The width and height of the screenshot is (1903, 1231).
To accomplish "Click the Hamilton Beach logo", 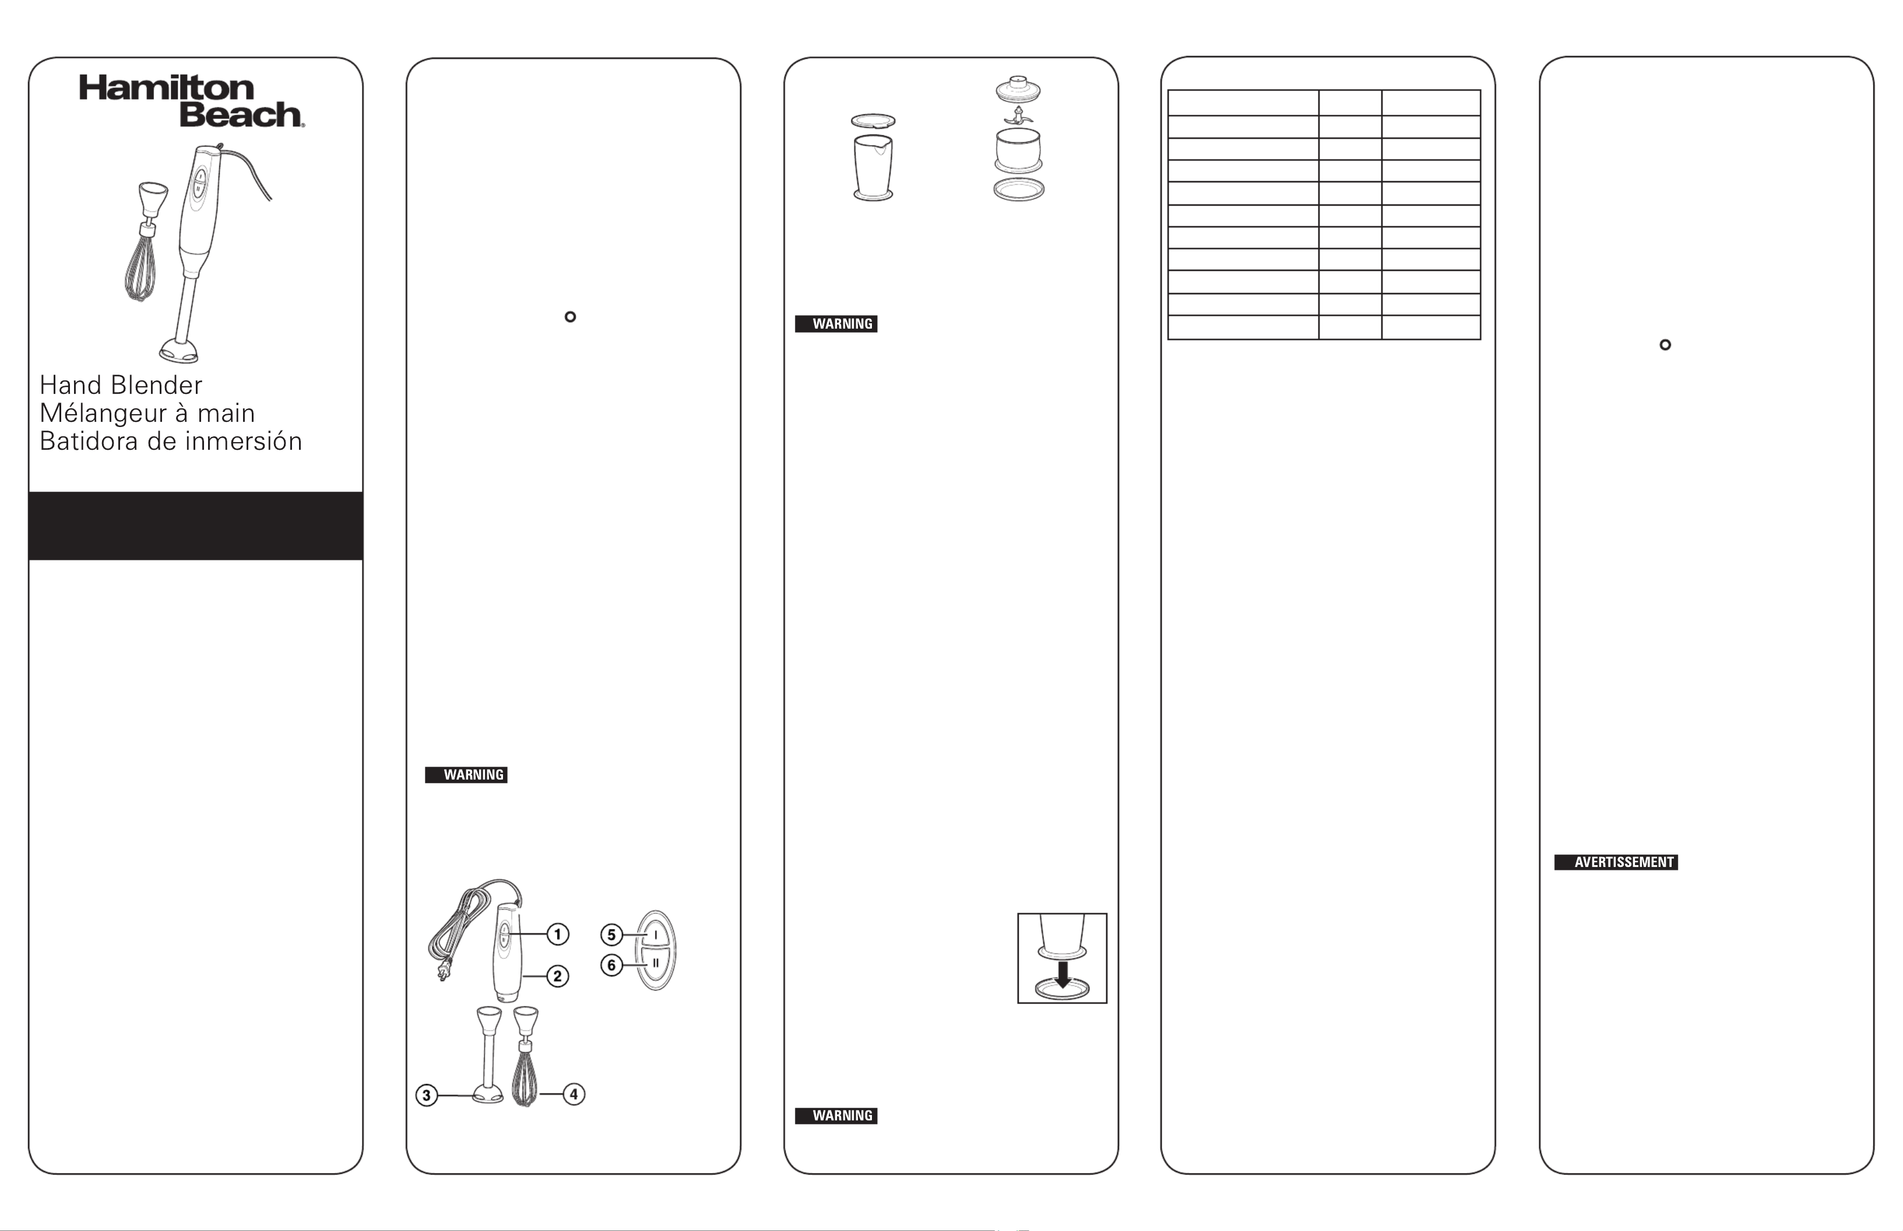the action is pos(191,101).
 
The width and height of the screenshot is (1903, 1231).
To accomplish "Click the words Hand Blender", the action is pos(121,385).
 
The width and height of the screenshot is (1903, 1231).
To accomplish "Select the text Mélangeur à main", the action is pos(147,413).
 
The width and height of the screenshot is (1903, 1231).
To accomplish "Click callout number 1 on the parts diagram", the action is pos(557,934).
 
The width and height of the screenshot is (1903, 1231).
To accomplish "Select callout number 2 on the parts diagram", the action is pos(557,976).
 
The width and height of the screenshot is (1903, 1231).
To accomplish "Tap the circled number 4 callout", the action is pos(574,1094).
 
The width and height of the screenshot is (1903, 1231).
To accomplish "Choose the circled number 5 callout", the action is pos(611,934).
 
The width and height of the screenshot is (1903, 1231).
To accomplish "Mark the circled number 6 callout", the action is pos(611,965).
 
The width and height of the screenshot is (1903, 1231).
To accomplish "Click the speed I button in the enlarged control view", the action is pos(656,934).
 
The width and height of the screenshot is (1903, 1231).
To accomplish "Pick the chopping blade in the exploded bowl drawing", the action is pos(1018,117).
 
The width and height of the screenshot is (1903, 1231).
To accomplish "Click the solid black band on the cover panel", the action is pos(196,526).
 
